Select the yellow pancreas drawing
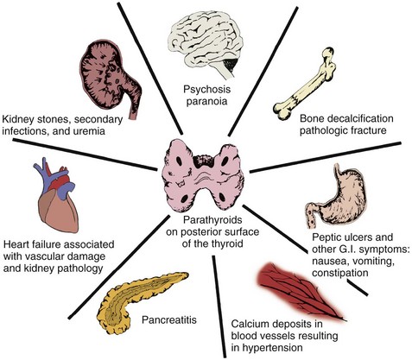click(x=138, y=300)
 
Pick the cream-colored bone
click(x=305, y=85)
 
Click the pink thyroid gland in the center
click(x=204, y=176)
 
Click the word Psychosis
click(x=207, y=90)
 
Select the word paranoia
click(x=207, y=101)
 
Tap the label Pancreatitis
click(x=169, y=319)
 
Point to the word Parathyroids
click(x=212, y=220)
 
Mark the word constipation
click(x=340, y=273)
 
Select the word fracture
click(x=369, y=130)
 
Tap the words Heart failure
click(x=32, y=244)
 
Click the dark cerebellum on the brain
click(x=231, y=64)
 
